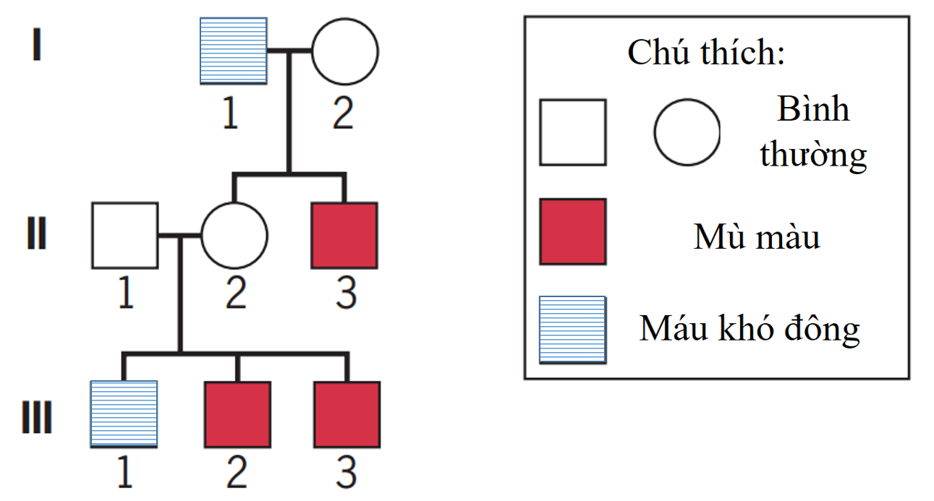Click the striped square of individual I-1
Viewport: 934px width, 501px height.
coord(233,51)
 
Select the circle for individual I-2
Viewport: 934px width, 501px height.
coord(344,51)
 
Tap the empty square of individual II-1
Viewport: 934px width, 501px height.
coord(124,235)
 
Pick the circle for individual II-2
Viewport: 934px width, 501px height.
coord(234,235)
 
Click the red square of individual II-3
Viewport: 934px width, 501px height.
coord(344,235)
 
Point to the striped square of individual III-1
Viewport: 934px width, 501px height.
coord(124,414)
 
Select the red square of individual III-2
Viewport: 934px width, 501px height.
coord(237,414)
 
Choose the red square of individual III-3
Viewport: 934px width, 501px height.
coord(347,414)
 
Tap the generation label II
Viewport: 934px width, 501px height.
coord(37,235)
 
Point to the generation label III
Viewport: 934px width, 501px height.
coord(37,419)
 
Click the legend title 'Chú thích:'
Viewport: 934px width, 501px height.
coord(705,53)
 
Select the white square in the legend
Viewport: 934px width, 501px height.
coord(572,132)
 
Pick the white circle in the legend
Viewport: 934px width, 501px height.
coord(687,132)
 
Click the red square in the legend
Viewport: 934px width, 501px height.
coord(572,231)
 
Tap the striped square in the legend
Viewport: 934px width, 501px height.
coord(572,329)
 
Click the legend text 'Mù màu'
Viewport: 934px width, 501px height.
coord(757,236)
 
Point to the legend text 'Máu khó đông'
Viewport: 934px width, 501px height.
coord(750,329)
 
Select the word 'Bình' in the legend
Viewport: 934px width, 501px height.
coord(812,110)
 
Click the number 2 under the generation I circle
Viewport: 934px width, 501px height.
coord(343,114)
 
